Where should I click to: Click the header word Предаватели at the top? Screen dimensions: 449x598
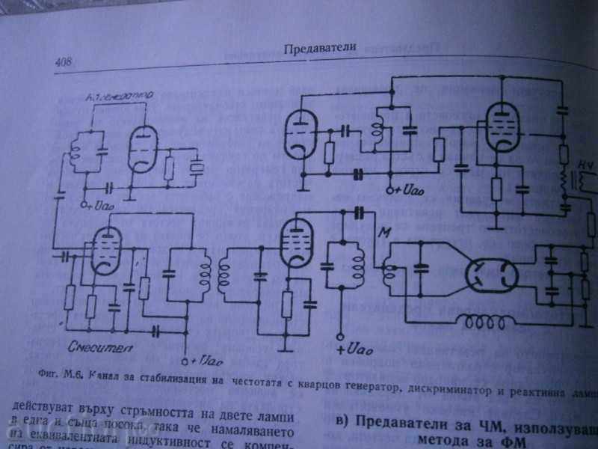coord(319,49)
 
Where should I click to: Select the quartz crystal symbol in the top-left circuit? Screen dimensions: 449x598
coord(197,168)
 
